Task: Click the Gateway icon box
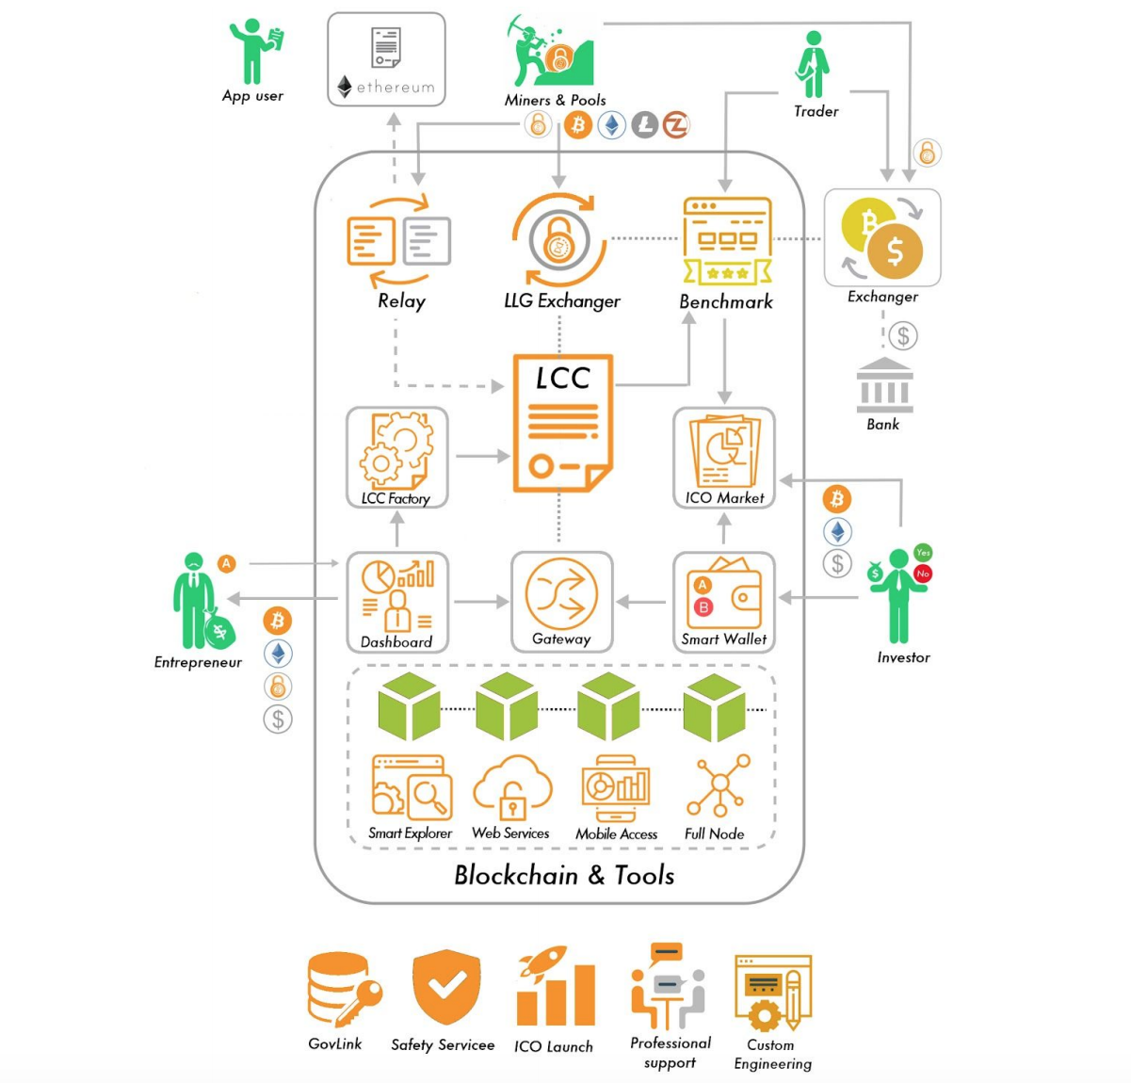click(561, 602)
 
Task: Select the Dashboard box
click(397, 602)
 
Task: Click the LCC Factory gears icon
click(396, 450)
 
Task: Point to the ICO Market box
click(724, 458)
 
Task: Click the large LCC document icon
click(562, 423)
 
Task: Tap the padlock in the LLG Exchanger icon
click(559, 239)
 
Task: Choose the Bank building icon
click(884, 385)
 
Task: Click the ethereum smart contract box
click(386, 59)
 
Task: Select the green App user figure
click(254, 51)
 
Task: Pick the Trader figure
click(813, 65)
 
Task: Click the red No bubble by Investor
click(923, 574)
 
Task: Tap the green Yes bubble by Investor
click(923, 552)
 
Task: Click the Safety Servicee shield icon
click(445, 987)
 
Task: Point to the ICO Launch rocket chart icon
click(556, 987)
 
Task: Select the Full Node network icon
click(719, 785)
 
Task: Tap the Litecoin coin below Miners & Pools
click(644, 125)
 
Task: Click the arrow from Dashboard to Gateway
click(480, 602)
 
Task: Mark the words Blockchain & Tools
click(564, 876)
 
